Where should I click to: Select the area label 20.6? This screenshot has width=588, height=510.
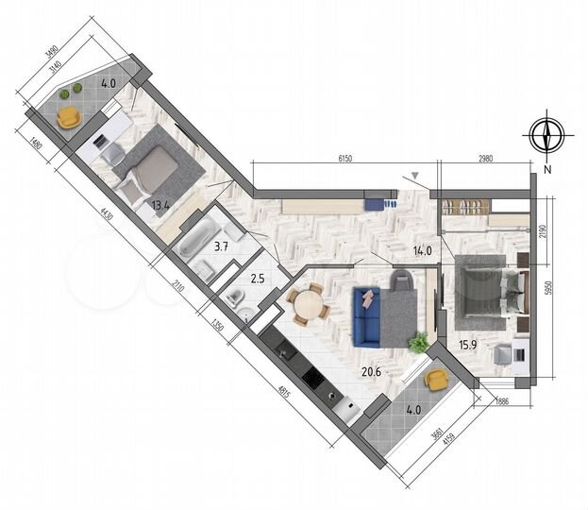click(372, 372)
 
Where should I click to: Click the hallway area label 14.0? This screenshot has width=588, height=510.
click(422, 251)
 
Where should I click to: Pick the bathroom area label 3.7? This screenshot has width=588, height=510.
click(222, 246)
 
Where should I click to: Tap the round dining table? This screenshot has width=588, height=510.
click(306, 305)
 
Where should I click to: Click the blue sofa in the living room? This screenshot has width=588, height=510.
click(366, 316)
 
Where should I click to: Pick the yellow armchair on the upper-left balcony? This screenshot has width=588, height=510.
click(69, 116)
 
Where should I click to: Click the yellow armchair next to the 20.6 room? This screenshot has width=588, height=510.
click(436, 380)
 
